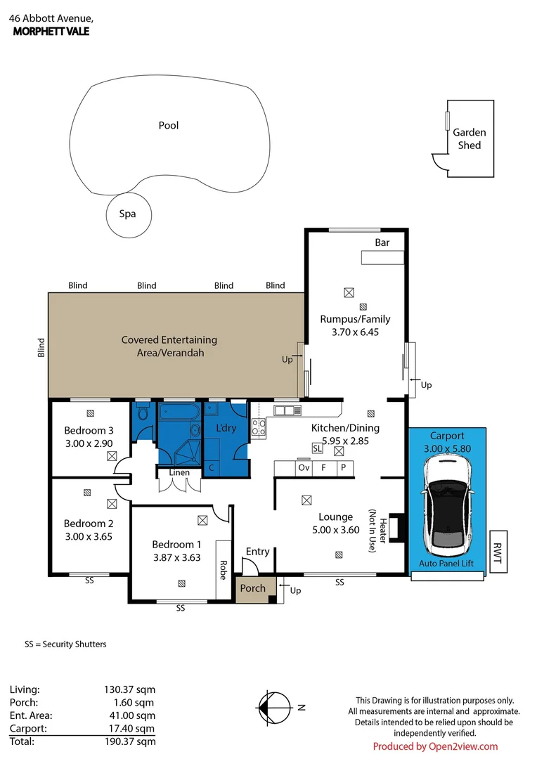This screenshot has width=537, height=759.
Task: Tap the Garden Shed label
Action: point(469,138)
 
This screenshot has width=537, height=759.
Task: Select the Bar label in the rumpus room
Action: point(382,242)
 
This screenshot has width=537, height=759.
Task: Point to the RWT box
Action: point(498,552)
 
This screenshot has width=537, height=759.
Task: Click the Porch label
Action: point(253,588)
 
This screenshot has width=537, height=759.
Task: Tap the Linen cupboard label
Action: point(179,472)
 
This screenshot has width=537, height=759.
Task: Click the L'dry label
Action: point(226,428)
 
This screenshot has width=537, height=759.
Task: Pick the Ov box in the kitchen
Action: point(304,467)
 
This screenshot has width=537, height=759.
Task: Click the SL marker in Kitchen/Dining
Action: point(317,447)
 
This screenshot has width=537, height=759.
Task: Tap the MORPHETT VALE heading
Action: point(51,31)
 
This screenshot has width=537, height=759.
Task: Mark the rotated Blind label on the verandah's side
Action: point(41,348)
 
